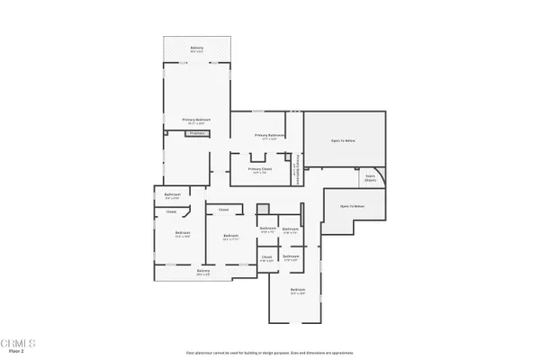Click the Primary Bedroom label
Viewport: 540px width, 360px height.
(x=196, y=120)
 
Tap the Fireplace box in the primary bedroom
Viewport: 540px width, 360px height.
(x=197, y=133)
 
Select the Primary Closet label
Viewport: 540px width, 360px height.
(x=260, y=169)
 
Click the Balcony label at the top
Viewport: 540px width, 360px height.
(x=196, y=48)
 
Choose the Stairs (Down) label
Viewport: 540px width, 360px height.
(x=370, y=178)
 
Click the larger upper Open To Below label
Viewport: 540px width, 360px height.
(x=343, y=140)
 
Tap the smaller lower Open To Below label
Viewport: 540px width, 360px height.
(x=352, y=206)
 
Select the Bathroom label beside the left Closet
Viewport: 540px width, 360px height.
(x=173, y=194)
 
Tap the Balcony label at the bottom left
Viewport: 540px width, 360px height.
(x=203, y=271)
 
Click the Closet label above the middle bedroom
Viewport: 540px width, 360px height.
(x=223, y=211)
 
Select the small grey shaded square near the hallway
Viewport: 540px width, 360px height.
(x=263, y=209)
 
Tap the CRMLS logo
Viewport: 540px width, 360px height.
(x=18, y=343)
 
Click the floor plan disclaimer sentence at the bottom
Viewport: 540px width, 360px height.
(x=269, y=352)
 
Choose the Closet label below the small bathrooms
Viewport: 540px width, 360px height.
(x=266, y=258)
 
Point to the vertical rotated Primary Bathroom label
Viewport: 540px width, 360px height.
(x=297, y=167)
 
